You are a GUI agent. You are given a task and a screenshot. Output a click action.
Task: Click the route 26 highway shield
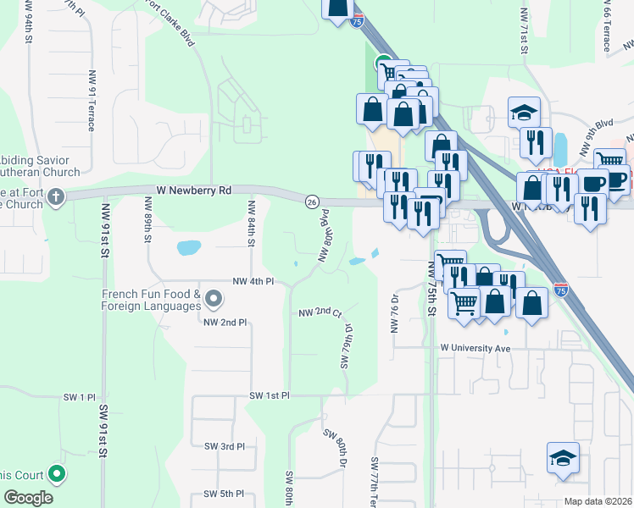313,202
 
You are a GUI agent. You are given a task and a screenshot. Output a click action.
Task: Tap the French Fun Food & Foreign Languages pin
214,299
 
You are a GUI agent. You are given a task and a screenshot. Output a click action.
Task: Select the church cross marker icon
56,198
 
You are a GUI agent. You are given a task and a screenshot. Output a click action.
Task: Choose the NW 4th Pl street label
253,281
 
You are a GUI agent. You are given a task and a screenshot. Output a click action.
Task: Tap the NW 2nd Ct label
320,312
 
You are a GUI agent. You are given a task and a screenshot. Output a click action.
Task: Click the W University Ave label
475,348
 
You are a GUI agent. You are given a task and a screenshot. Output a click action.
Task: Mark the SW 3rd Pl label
225,445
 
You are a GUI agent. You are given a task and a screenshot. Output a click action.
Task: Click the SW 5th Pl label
224,494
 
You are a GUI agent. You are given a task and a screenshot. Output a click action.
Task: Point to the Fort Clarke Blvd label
175,18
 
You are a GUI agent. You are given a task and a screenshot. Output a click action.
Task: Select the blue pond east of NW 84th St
189,248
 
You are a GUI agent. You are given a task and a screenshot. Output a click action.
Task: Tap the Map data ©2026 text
597,501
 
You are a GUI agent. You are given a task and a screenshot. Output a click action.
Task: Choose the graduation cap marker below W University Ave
563,459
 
